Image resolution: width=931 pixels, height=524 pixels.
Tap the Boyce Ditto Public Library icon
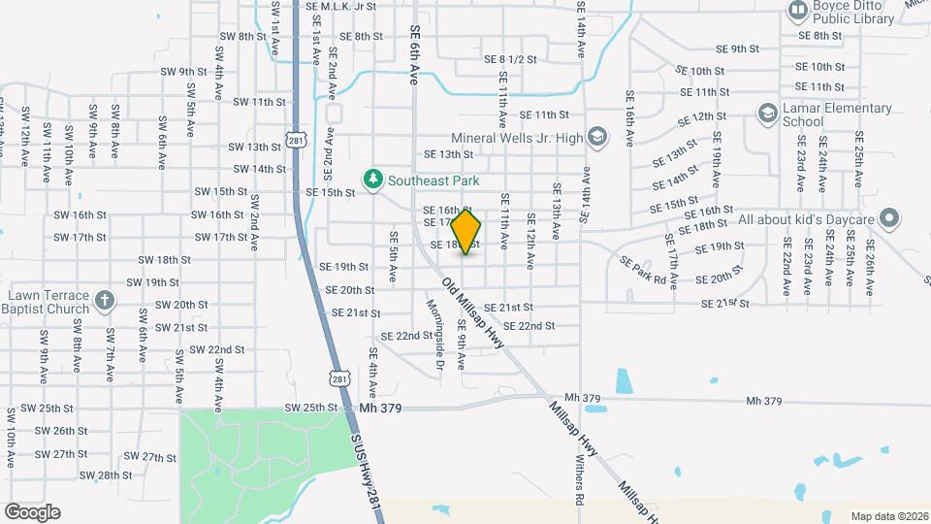[797, 11]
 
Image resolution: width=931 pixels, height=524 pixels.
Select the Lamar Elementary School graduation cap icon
[767, 114]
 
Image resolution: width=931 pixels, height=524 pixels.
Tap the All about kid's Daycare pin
[888, 219]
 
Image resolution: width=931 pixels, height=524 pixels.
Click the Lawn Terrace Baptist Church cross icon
[106, 301]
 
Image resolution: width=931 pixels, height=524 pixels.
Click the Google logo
[32, 511]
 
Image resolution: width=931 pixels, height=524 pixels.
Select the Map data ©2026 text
[888, 515]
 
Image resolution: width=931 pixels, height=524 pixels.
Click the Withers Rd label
[579, 482]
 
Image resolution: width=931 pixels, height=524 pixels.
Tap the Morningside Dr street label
[435, 335]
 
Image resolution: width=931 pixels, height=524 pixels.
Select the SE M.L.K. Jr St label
[339, 6]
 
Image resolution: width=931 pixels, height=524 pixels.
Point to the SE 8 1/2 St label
[510, 58]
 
